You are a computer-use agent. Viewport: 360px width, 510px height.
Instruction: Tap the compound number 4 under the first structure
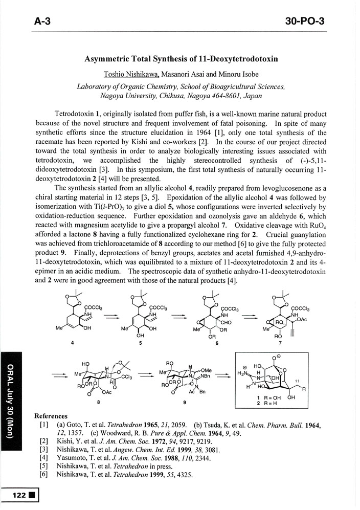(74, 343)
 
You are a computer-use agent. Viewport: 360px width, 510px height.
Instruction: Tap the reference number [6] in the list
(43, 474)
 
